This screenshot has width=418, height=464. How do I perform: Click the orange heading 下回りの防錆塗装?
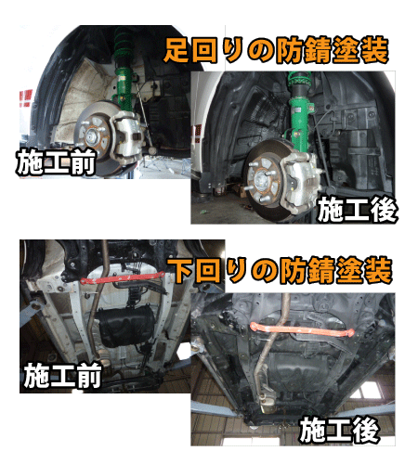281,270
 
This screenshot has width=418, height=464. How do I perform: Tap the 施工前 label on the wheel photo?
55,163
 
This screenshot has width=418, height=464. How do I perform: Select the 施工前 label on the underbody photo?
62,376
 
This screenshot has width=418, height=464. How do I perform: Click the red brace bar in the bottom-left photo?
121,277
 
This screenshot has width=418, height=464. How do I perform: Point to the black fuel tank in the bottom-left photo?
124,327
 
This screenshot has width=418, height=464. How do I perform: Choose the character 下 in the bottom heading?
181,270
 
